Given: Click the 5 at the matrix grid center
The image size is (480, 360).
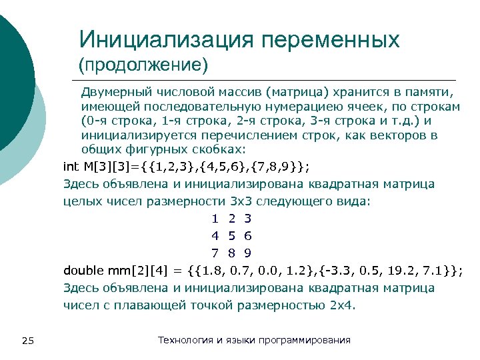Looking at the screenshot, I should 231,235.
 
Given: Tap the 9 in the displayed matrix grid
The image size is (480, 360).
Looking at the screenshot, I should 247,253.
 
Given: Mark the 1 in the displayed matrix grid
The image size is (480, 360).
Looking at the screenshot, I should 215,218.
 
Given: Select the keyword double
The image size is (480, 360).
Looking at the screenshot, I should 84,270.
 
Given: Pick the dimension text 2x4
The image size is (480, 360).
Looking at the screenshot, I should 343,305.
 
